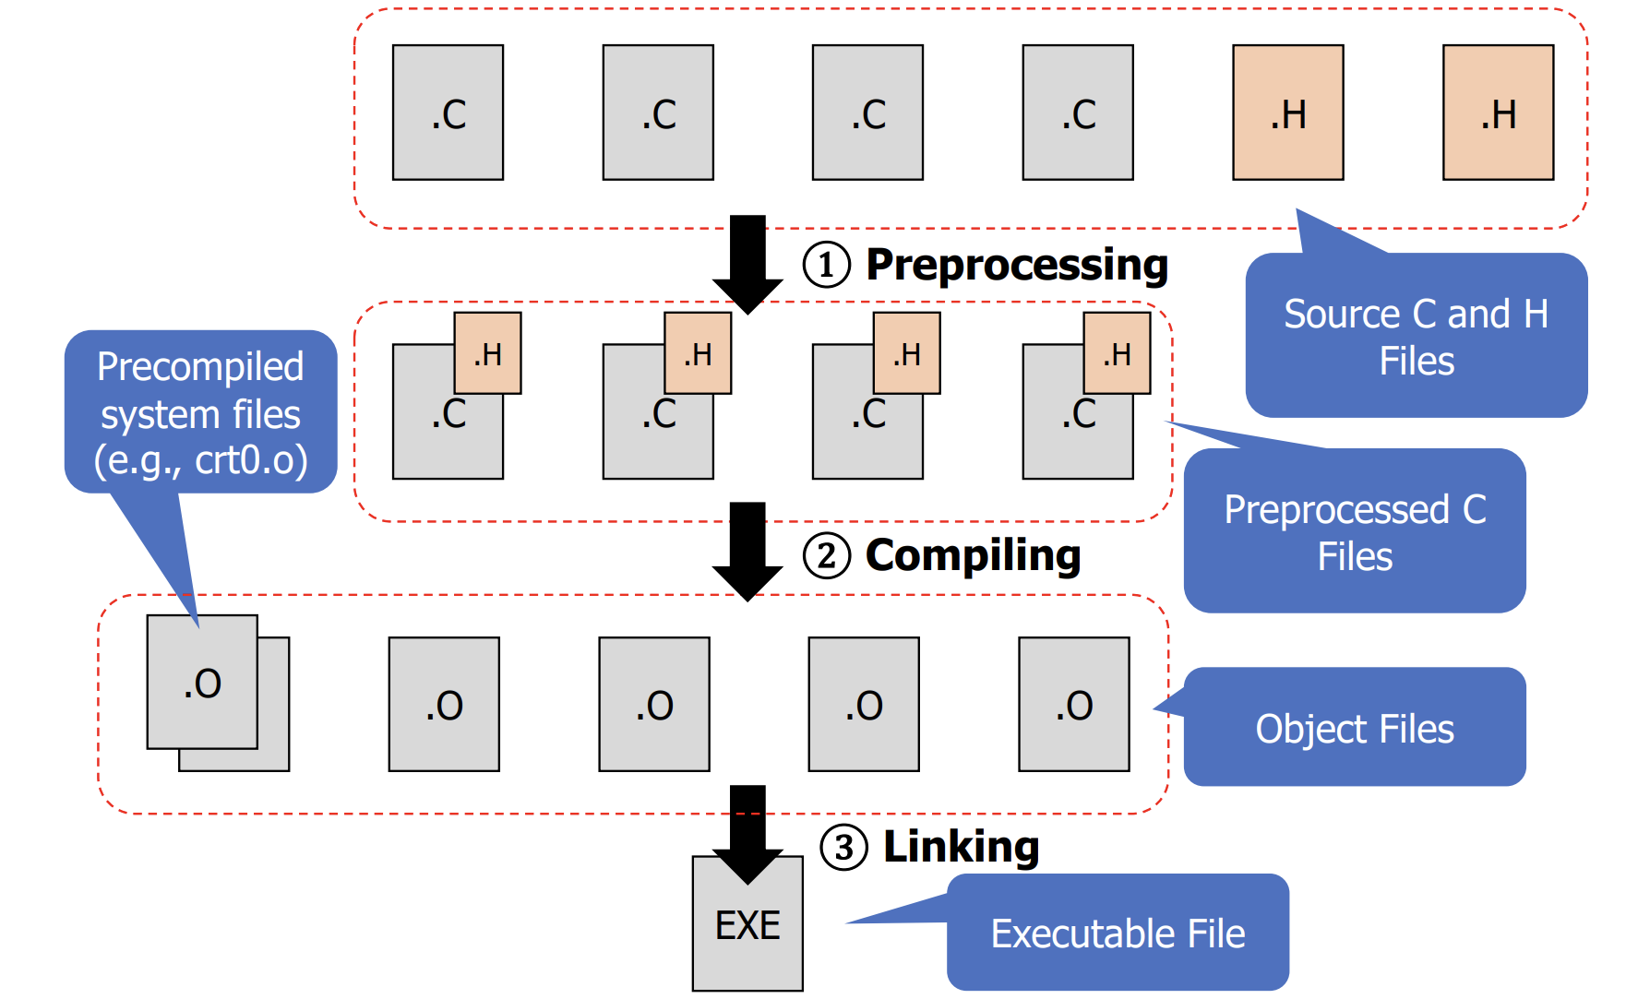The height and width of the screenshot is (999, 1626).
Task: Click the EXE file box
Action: coord(747,932)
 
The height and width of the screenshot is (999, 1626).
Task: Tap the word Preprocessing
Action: coord(1016,266)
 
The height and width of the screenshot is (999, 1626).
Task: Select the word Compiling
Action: coord(973,555)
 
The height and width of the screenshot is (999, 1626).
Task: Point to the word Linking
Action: coord(961,847)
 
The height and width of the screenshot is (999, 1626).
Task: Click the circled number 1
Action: coord(826,266)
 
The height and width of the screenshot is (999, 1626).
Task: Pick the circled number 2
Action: coord(826,556)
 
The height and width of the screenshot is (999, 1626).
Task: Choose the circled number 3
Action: coord(843,848)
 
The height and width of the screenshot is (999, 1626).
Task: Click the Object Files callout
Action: coord(1354,728)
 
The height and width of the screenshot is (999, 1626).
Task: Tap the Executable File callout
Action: coord(1118,934)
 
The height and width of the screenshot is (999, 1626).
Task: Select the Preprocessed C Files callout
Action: coord(1354,532)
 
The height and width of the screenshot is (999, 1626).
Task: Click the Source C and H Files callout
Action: coord(1416,337)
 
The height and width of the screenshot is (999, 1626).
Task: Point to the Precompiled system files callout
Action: coord(200,413)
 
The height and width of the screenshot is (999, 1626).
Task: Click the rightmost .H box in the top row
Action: coord(1498,113)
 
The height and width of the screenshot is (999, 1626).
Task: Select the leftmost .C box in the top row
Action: coord(448,113)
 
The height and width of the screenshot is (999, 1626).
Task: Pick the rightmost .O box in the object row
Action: coord(1073,704)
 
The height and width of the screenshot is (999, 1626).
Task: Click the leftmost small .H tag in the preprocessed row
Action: coord(487,353)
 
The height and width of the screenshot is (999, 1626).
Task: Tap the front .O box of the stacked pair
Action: coord(202,682)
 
